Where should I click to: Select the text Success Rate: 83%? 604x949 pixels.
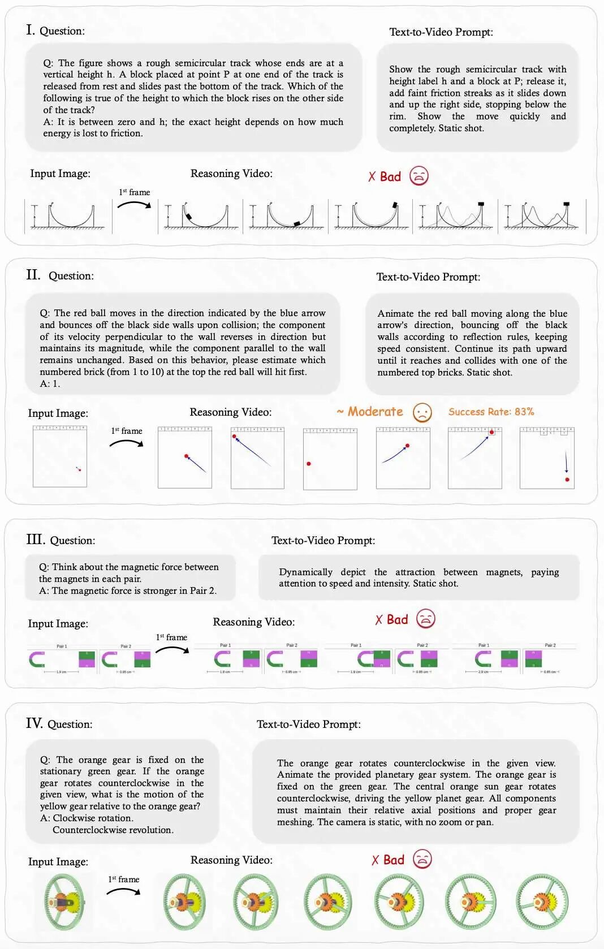491,412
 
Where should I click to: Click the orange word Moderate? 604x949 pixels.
375,412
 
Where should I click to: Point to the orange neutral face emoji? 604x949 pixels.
422,412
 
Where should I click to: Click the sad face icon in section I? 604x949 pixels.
419,176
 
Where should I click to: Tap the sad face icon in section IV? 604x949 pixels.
422,859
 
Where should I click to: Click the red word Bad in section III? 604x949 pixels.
397,619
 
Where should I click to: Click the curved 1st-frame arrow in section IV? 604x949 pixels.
123,891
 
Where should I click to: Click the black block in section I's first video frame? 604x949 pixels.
188,215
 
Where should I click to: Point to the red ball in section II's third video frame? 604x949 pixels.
309,464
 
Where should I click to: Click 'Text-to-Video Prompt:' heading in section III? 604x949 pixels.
323,540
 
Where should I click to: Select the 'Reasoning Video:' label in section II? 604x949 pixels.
230,412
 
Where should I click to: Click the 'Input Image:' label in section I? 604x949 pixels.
60,174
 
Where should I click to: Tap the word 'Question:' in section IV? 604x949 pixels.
70,724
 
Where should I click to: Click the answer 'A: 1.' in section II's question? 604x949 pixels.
50,383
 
